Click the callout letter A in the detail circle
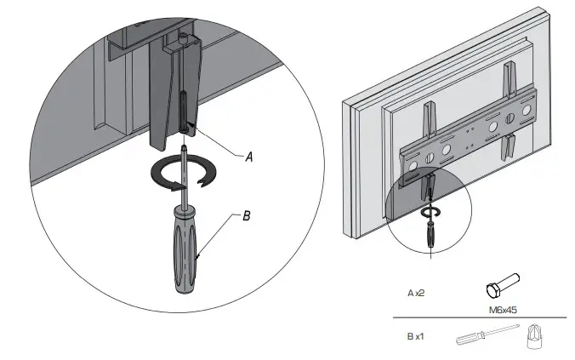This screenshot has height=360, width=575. pyautogui.click(x=249, y=157)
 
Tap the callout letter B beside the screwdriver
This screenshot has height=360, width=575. pyautogui.click(x=247, y=216)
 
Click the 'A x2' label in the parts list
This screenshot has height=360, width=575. pyautogui.click(x=415, y=294)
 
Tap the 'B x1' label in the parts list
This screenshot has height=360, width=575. pyautogui.click(x=415, y=336)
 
